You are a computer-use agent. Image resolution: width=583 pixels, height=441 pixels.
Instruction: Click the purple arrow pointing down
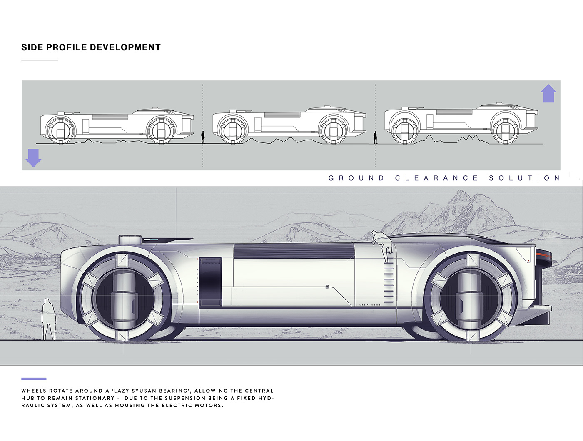coord(33,158)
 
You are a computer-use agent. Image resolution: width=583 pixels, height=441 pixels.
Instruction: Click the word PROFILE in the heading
coord(67,47)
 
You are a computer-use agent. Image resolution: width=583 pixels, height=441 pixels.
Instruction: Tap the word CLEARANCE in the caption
coord(436,178)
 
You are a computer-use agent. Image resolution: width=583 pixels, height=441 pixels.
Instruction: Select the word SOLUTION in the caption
coord(524,178)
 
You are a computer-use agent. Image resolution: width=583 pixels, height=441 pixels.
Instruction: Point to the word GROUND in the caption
coord(356,178)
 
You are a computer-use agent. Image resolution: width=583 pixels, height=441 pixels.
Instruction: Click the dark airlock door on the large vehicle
coord(210,282)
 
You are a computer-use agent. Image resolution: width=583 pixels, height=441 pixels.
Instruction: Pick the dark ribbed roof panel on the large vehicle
coord(294,251)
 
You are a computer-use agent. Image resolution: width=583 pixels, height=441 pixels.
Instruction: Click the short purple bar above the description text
coord(34,379)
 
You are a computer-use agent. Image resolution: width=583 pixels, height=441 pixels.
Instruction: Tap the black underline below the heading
coord(40,60)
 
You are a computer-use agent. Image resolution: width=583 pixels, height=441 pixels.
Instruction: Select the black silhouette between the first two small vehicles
coord(203,137)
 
